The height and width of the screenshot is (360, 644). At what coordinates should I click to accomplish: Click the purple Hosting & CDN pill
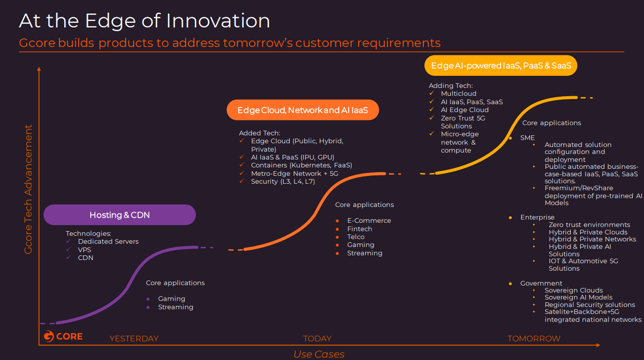[120, 215]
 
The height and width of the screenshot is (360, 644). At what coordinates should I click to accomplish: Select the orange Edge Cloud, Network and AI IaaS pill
[302, 110]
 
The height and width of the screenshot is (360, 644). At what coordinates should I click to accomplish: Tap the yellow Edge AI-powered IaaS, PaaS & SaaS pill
[501, 66]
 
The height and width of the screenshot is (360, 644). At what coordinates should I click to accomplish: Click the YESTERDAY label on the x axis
[134, 339]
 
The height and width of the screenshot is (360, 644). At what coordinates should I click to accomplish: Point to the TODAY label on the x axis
[317, 339]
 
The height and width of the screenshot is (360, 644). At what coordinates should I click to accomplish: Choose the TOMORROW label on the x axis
[534, 339]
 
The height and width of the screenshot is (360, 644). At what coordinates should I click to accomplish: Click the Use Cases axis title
[319, 354]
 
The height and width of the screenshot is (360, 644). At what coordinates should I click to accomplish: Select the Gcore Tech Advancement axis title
[28, 189]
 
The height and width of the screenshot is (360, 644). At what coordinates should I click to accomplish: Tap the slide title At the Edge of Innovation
[144, 21]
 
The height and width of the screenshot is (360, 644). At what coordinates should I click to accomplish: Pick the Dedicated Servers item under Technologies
[108, 241]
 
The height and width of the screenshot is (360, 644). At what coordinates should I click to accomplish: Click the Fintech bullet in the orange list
[359, 229]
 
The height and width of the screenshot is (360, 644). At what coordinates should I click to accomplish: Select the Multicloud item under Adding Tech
[458, 93]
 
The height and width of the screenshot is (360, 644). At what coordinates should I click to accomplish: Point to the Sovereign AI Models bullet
[578, 297]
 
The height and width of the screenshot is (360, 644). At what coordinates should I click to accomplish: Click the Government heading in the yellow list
[541, 283]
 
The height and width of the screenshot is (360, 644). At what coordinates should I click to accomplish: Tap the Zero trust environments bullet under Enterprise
[589, 225]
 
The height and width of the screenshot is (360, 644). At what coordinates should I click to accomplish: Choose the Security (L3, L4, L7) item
[282, 181]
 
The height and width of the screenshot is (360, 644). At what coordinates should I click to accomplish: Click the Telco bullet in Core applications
[356, 237]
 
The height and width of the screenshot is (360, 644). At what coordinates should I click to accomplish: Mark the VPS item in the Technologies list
[84, 250]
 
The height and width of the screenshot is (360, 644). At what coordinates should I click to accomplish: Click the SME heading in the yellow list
[527, 138]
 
